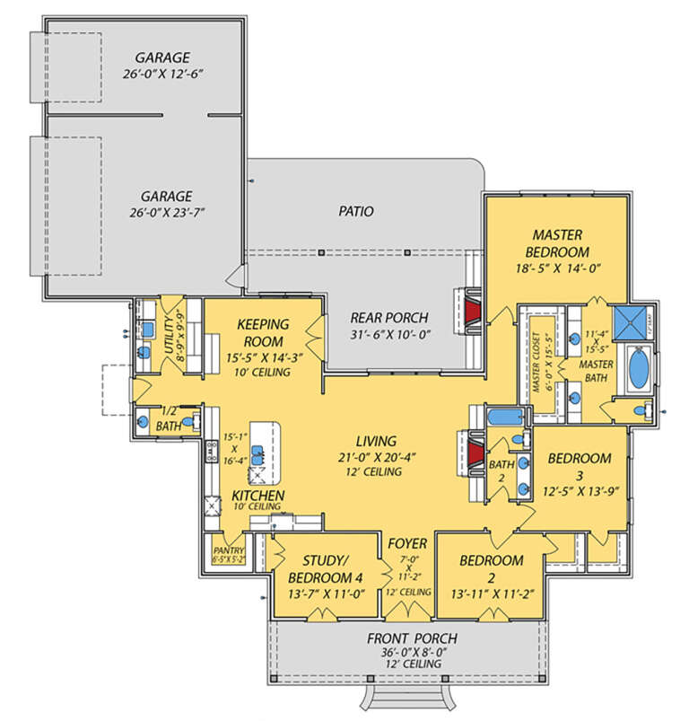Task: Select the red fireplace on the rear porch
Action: [472, 309]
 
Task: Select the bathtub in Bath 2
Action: [505, 416]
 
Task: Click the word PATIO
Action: [355, 211]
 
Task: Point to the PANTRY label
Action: [222, 550]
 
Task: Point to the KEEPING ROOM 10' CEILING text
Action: [262, 372]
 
